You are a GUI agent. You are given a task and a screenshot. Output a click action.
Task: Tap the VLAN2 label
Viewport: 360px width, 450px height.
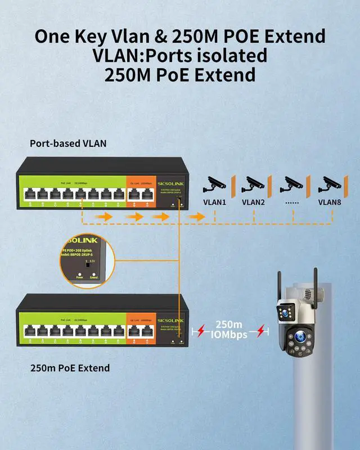tap(253, 202)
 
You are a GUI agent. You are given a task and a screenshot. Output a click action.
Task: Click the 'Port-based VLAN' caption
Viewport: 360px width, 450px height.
tap(68, 143)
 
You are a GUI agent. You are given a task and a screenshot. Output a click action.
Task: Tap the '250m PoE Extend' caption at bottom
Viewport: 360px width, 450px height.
tap(70, 368)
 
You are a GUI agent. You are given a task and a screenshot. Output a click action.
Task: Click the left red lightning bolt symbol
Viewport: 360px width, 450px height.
tap(198, 332)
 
